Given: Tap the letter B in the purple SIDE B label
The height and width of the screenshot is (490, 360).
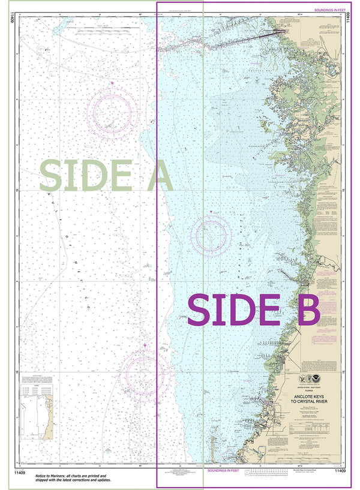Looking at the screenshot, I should click(307, 311).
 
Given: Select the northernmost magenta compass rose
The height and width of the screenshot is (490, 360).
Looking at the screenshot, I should click(112, 112).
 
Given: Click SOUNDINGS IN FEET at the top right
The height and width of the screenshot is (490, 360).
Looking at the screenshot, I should click(329, 10).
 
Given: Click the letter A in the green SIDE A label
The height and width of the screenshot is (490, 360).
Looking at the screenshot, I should click(154, 175).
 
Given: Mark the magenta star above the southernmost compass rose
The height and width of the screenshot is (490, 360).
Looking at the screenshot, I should click(145, 345).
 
